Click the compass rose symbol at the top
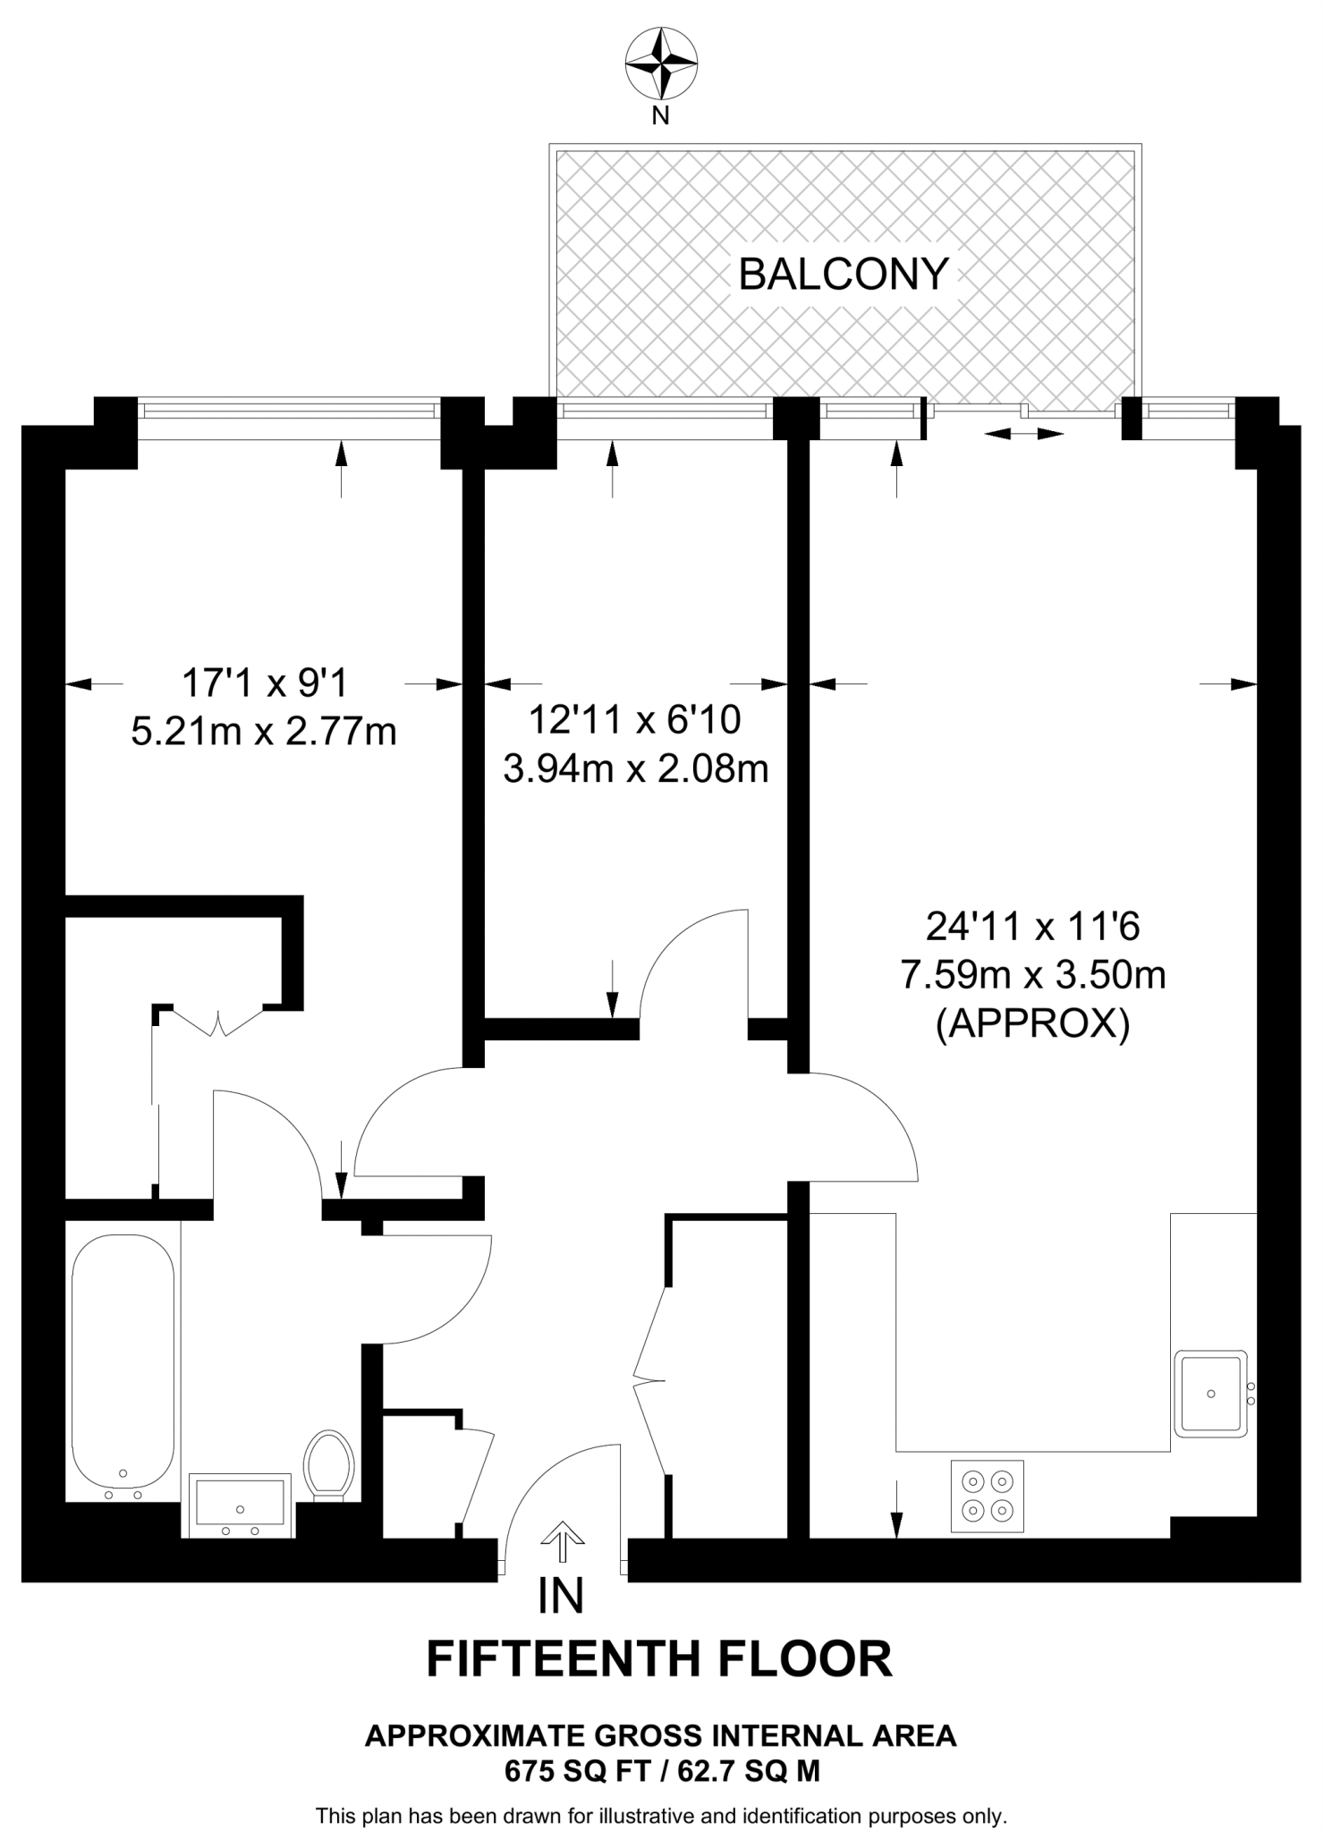[x=661, y=64]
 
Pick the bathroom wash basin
[x=240, y=1503]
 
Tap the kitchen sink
[x=1210, y=1394]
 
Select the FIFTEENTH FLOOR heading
[x=659, y=1658]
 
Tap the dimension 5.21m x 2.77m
[x=264, y=732]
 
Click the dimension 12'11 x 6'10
[x=635, y=719]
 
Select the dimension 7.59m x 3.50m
[x=1033, y=975]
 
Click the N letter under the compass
[x=660, y=115]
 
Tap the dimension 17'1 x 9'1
[x=264, y=683]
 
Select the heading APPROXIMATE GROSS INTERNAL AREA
[x=661, y=1736]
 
